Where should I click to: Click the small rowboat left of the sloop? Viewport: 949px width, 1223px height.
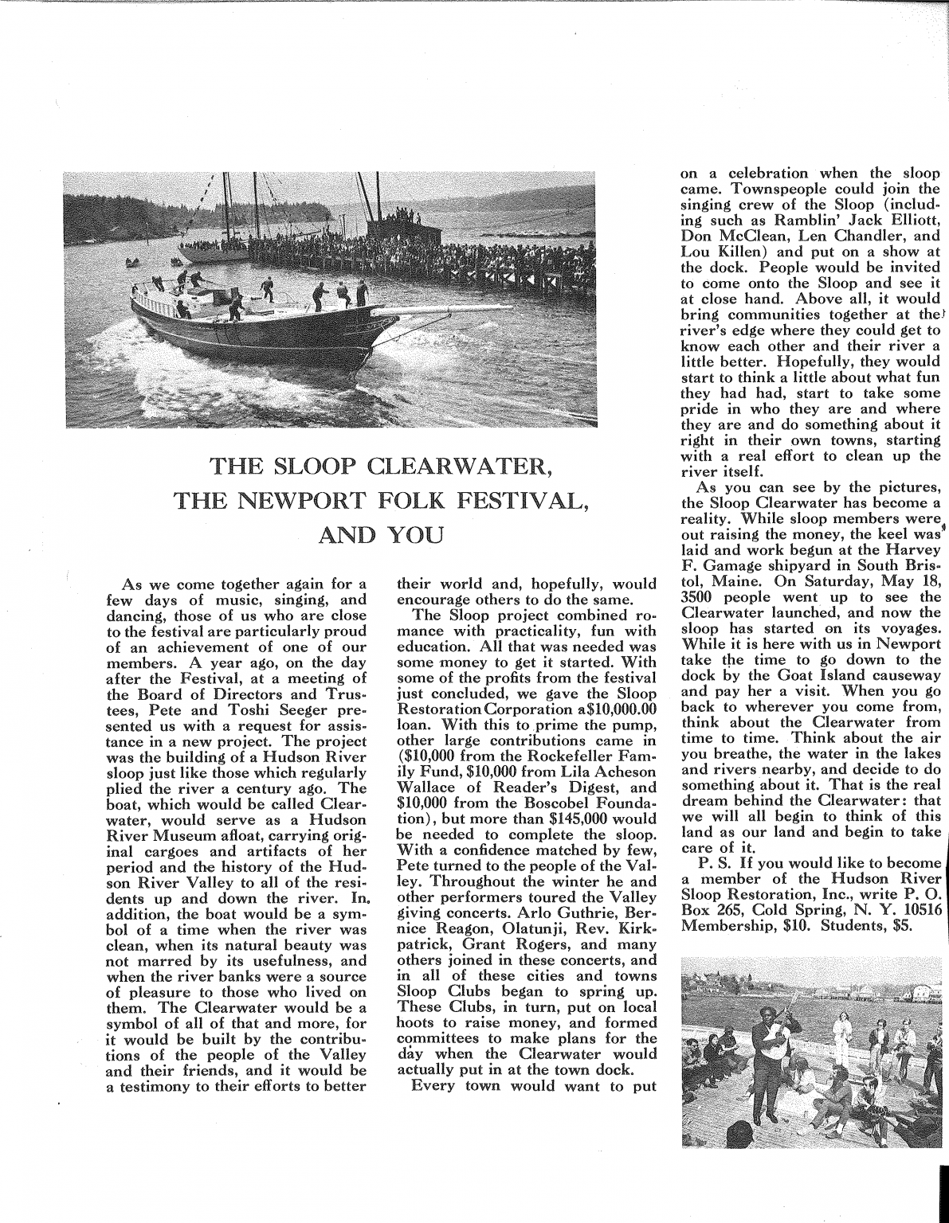[x=132, y=262]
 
